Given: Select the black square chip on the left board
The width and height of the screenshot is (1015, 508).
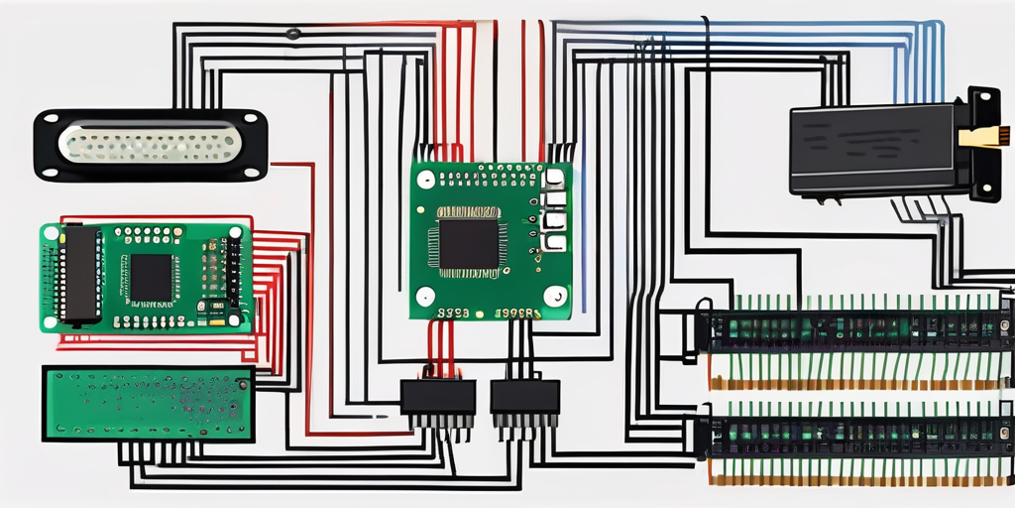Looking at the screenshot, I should pyautogui.click(x=152, y=278).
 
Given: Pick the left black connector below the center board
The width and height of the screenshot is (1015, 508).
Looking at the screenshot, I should pyautogui.click(x=437, y=397).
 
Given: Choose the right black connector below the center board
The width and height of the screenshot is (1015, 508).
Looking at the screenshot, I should pyautogui.click(x=524, y=397).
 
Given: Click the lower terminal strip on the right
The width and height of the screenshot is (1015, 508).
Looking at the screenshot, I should pyautogui.click(x=854, y=436).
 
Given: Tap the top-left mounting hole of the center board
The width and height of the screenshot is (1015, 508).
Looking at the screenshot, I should pyautogui.click(x=426, y=181).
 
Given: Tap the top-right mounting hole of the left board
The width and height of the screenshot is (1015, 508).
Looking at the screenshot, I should pyautogui.click(x=235, y=233).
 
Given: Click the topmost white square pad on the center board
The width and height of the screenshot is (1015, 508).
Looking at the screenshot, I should pyautogui.click(x=555, y=179).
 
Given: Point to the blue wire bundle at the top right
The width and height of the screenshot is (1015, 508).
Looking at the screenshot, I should pyautogui.click(x=892, y=40).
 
